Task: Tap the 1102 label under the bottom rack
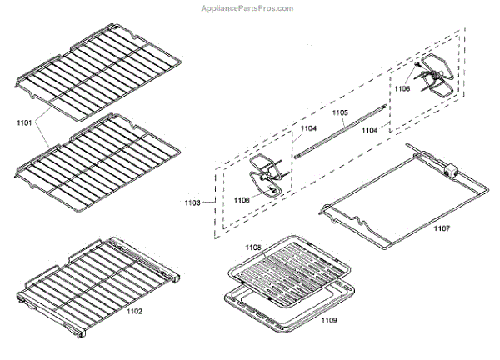coord(134,312)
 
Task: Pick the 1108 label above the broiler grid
coord(253,247)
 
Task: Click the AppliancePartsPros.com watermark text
coord(248,8)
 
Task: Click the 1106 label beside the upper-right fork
coord(403,87)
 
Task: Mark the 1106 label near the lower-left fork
coord(242,199)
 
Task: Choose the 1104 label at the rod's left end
coord(308,128)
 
